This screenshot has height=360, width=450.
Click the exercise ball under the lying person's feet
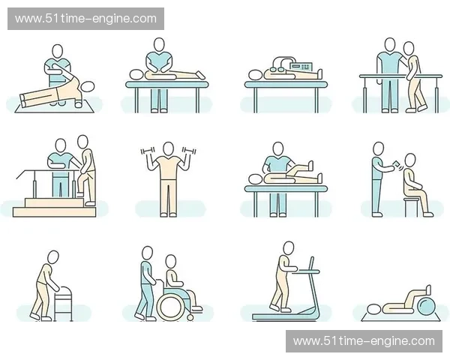(x=427, y=307)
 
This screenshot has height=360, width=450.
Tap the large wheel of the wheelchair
(x=170, y=307)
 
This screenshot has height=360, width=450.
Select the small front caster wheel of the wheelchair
(x=190, y=317)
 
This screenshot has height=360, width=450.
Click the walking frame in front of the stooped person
(x=64, y=304)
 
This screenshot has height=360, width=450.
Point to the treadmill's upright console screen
(x=310, y=263)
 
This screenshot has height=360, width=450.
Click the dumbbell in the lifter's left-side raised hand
(x=148, y=151)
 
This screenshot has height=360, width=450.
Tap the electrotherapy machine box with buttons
(x=302, y=67)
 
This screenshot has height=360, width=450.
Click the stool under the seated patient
(x=412, y=207)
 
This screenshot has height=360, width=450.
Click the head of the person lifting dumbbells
(x=169, y=148)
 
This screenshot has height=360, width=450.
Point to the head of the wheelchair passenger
(x=171, y=262)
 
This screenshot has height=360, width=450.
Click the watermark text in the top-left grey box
(x=85, y=19)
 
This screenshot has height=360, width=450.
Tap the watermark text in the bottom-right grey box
(x=364, y=341)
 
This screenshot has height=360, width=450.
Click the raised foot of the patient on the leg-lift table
(x=310, y=166)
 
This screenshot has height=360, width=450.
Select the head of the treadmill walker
(x=289, y=248)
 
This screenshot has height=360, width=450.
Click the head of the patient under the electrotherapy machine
(x=254, y=75)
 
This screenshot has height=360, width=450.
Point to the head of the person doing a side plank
(x=88, y=86)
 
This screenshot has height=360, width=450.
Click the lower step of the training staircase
(x=54, y=212)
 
